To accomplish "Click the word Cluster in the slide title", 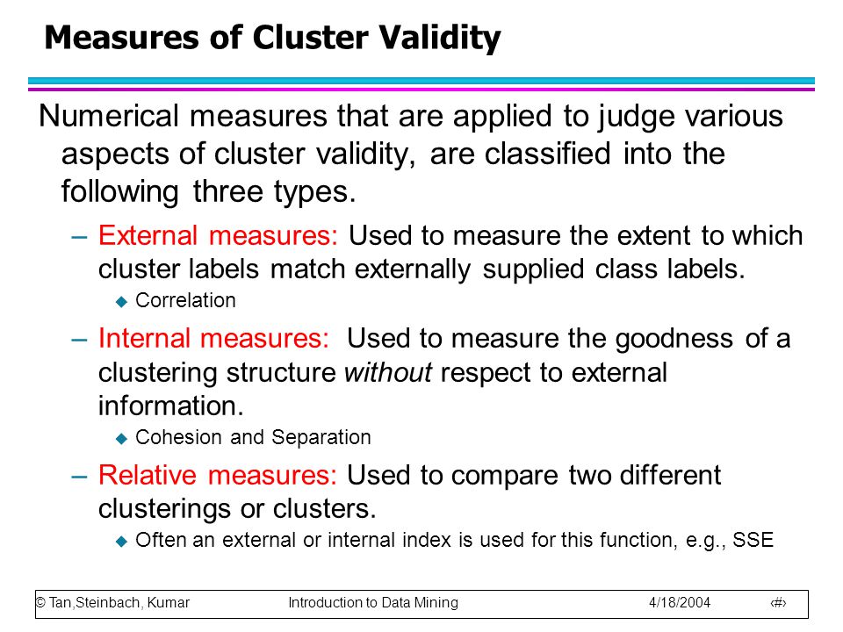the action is (x=310, y=38).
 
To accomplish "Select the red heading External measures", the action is (x=218, y=235).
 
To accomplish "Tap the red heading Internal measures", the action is (x=213, y=339).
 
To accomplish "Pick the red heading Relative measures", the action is (x=217, y=475).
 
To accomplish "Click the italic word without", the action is (x=387, y=372).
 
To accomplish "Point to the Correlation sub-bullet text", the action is (x=185, y=300).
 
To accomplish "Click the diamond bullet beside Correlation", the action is (x=121, y=302).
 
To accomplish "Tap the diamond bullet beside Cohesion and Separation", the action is (x=121, y=439).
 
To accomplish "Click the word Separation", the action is (x=321, y=437).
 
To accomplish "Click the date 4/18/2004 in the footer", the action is (x=680, y=602).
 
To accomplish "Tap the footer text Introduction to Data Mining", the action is (x=373, y=602).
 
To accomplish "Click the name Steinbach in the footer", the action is (x=107, y=602).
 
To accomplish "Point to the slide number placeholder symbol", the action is (x=778, y=603).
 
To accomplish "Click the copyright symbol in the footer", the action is (x=41, y=602).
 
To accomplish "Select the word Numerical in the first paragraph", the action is (x=109, y=116).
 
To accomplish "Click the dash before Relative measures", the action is (x=79, y=477).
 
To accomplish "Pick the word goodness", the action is (x=674, y=340).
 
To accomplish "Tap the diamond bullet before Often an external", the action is (x=121, y=542).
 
